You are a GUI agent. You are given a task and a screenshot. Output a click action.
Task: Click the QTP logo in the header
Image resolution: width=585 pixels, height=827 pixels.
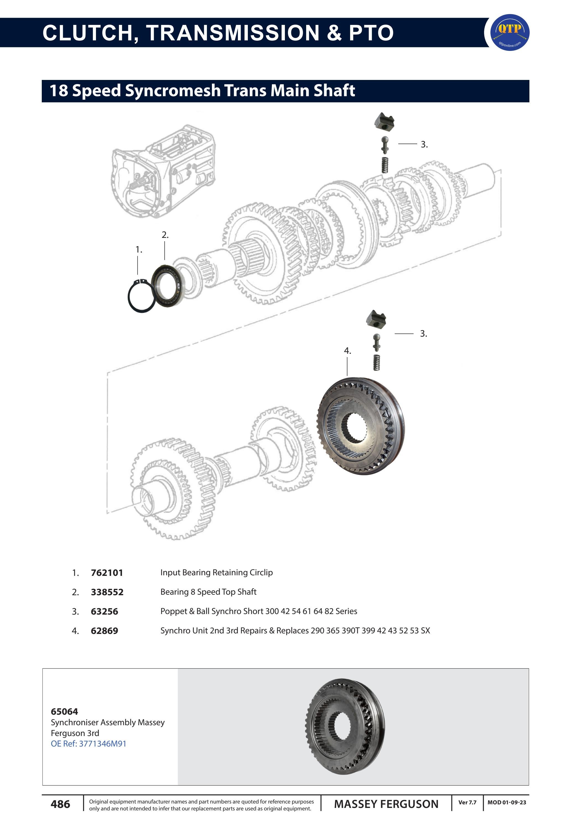(510, 32)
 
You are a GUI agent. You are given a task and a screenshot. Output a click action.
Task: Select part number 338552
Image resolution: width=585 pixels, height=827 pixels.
(107, 592)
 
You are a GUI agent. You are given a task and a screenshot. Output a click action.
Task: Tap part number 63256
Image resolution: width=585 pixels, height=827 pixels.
(105, 612)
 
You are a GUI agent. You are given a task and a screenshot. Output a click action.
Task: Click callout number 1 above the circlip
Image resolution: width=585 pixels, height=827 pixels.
(139, 249)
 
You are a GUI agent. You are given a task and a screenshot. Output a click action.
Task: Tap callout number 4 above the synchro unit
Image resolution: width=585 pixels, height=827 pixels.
(347, 351)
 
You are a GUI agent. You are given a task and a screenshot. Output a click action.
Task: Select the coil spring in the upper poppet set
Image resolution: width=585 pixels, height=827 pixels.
(385, 165)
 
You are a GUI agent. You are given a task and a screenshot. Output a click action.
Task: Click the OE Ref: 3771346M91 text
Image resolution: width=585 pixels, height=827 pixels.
(89, 744)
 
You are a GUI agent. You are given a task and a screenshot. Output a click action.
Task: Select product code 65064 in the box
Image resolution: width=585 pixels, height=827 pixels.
(64, 712)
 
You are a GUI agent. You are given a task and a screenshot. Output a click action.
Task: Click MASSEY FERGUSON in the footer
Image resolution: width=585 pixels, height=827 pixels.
(386, 804)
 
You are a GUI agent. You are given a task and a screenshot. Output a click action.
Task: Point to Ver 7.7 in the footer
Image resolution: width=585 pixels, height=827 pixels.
(467, 802)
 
